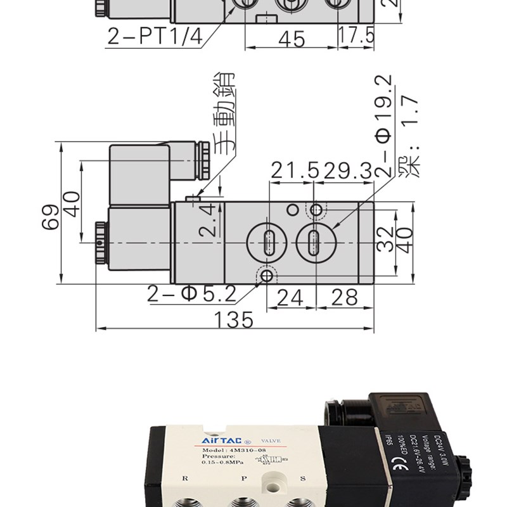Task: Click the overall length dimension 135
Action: tap(234, 320)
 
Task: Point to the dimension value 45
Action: tap(292, 39)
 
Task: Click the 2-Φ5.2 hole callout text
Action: tap(191, 294)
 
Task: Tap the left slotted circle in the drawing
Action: tap(269, 241)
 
